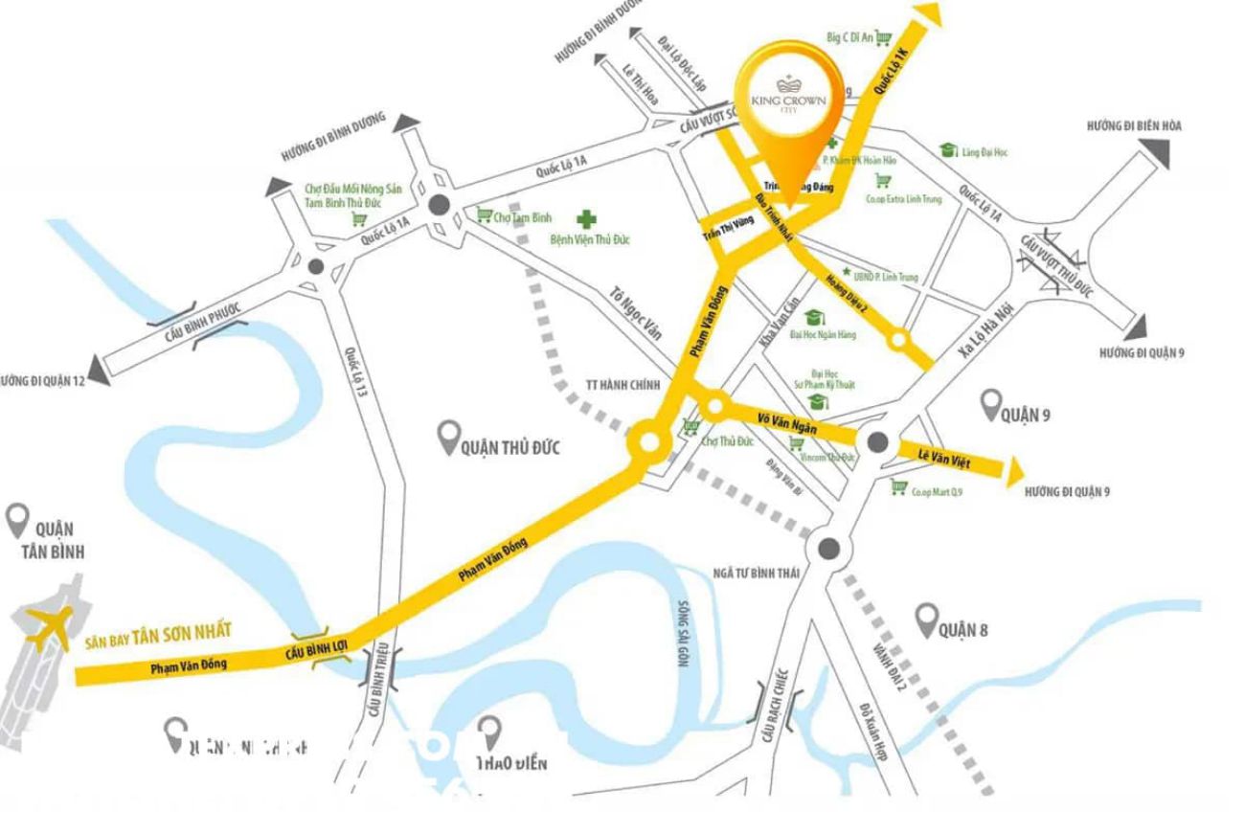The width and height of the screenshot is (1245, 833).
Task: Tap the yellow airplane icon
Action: point(48,627)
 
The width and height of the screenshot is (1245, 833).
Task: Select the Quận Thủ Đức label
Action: point(509,447)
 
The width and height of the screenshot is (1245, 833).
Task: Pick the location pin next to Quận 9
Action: point(990,406)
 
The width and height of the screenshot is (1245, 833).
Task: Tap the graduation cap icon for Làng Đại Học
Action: point(949,150)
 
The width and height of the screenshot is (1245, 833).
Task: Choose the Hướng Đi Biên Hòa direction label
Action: point(1134,125)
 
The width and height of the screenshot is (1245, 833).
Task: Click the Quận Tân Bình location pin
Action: point(16,522)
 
